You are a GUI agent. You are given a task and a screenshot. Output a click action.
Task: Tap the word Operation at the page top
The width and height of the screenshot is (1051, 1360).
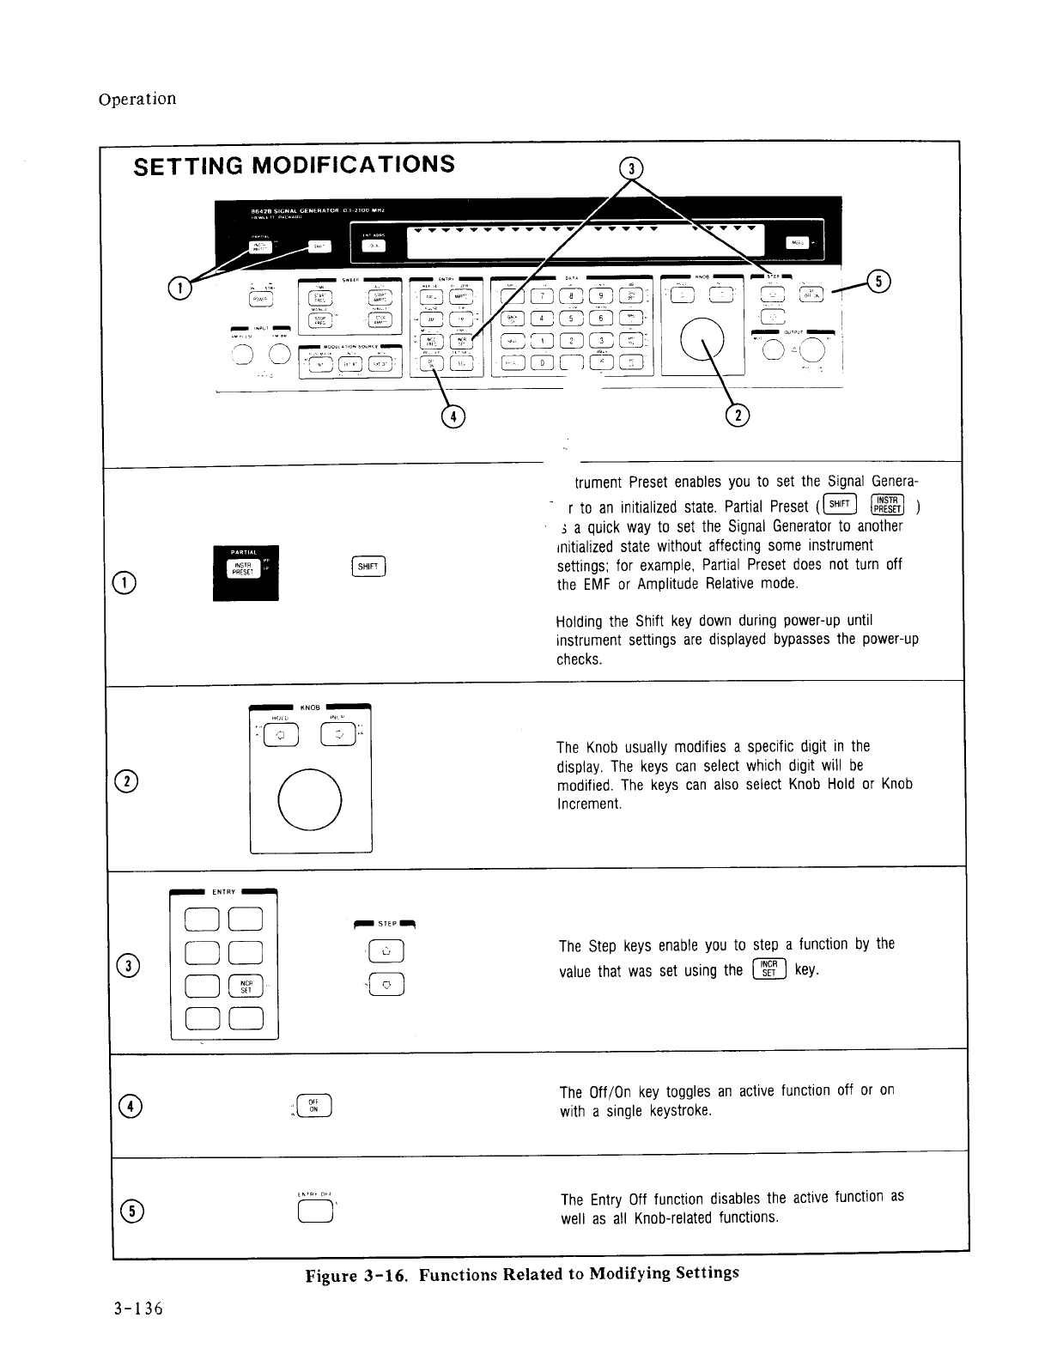(137, 98)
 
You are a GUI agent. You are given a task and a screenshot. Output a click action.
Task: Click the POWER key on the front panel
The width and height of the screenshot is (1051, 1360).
(260, 298)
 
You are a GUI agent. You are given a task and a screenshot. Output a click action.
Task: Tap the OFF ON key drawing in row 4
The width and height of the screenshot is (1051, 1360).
(313, 1105)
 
